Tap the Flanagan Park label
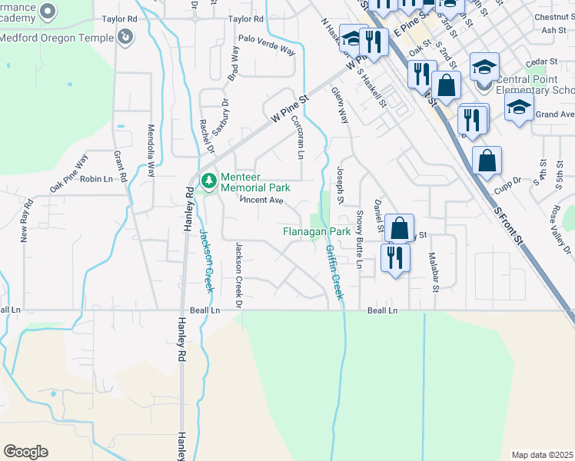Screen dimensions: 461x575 316,231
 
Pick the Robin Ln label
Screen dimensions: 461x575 96,179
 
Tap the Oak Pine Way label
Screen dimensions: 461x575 70,174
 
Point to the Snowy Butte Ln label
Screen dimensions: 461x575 359,239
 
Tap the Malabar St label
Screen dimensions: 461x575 434,273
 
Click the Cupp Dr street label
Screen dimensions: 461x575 507,181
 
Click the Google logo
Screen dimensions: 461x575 25,452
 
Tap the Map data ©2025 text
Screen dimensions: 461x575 543,455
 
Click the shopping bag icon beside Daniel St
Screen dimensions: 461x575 400,228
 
